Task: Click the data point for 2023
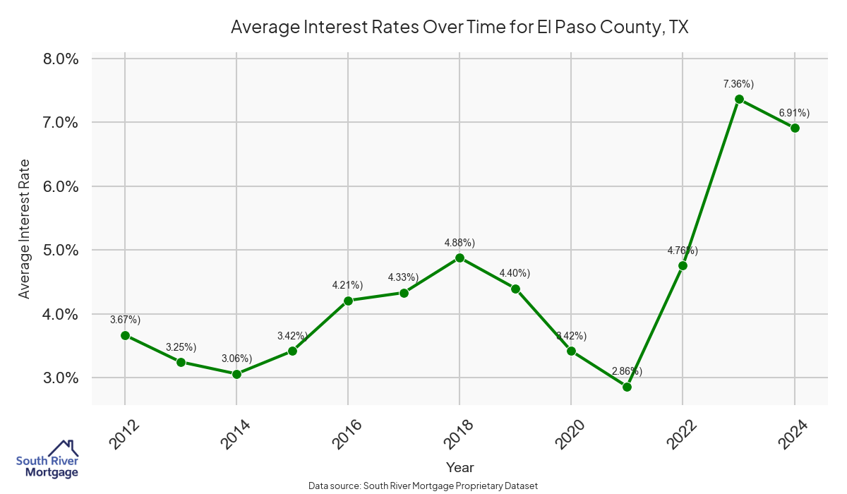[739, 100]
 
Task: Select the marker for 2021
[627, 387]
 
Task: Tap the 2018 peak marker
[459, 258]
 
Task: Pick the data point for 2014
[236, 374]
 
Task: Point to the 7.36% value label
[738, 84]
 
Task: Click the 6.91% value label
[794, 113]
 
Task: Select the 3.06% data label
[236, 359]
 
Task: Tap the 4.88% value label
[459, 243]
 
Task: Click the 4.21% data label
[347, 285]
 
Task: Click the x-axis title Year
[459, 467]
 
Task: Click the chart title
[459, 28]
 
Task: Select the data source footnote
[423, 486]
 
